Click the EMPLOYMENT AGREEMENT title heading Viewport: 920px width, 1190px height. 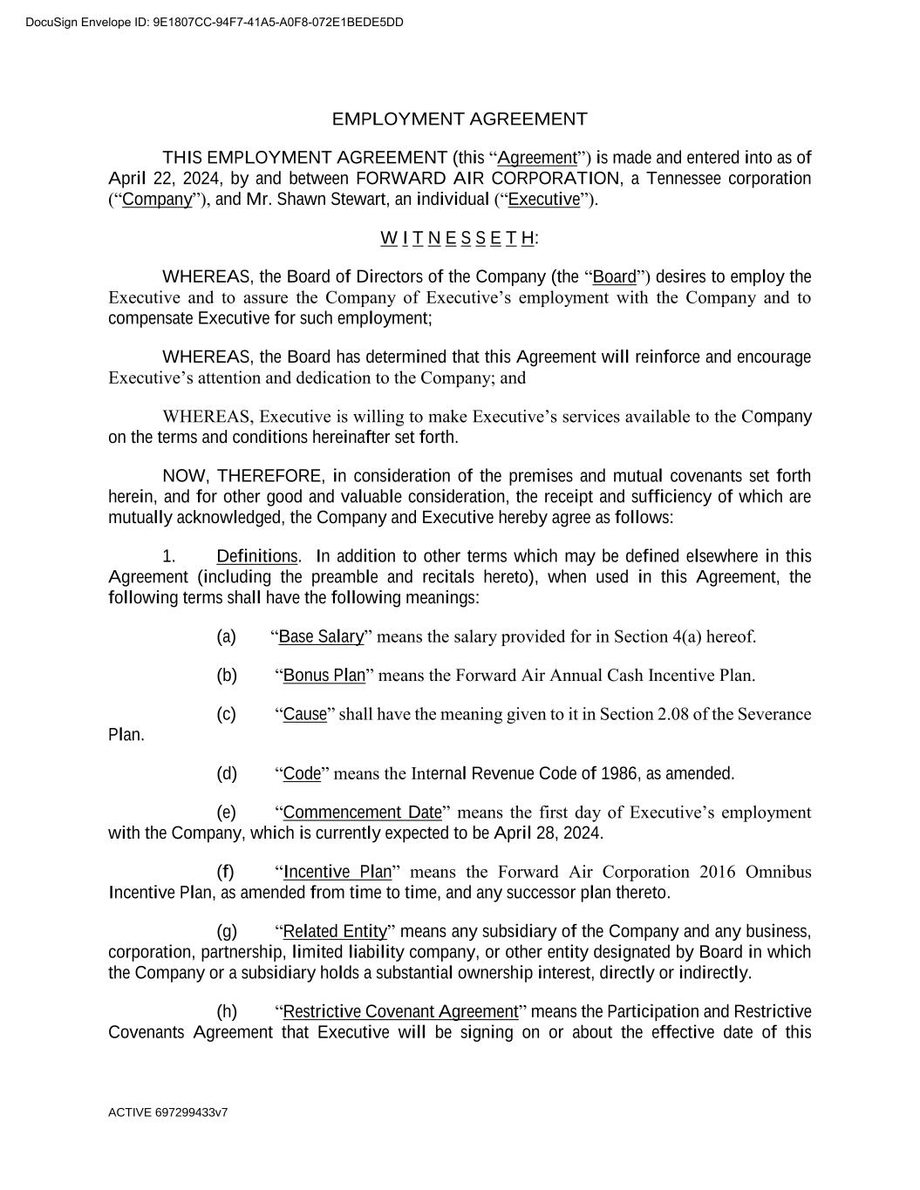[x=460, y=119]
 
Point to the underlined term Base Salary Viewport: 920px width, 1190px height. [x=321, y=636]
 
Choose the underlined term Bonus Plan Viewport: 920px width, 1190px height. [x=324, y=676]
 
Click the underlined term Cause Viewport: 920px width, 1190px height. [x=305, y=715]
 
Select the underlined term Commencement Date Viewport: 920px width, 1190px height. [x=363, y=813]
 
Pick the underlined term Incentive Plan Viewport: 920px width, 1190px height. [x=337, y=873]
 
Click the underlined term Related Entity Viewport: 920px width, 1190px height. [x=335, y=932]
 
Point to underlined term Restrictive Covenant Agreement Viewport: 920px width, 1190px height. [x=401, y=1011]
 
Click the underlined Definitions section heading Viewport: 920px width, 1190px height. [x=257, y=556]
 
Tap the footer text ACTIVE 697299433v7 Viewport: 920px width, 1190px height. [x=168, y=1112]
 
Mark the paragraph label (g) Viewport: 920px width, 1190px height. [x=226, y=932]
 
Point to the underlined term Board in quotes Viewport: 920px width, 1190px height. [x=615, y=278]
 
